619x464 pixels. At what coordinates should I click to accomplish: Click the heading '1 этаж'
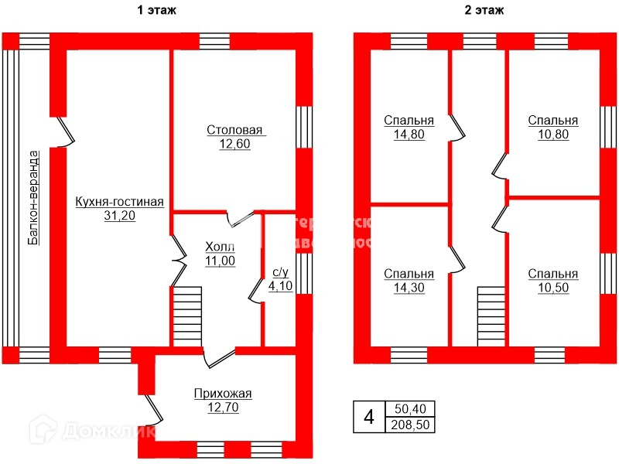(x=157, y=10)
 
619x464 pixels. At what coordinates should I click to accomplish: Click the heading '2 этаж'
(x=485, y=10)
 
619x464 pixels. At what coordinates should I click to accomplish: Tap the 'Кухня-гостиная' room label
(x=119, y=203)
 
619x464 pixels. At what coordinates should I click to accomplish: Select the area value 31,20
(x=119, y=216)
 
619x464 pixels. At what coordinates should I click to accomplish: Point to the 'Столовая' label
(x=235, y=129)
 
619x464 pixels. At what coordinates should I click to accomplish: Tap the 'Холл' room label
(x=220, y=247)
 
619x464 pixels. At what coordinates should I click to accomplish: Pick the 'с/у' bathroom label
(x=280, y=272)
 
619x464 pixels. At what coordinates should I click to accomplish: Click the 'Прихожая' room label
(x=223, y=393)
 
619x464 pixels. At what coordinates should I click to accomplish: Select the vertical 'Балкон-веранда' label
(x=33, y=196)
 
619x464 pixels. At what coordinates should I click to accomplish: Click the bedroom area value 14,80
(x=409, y=135)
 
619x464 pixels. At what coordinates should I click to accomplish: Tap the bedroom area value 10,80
(x=552, y=135)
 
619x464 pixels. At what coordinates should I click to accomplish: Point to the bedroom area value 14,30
(x=409, y=287)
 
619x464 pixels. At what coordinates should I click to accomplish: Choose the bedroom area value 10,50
(x=552, y=287)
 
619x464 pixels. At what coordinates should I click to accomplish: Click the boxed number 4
(x=369, y=418)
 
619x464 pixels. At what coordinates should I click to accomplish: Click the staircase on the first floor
(x=186, y=316)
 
